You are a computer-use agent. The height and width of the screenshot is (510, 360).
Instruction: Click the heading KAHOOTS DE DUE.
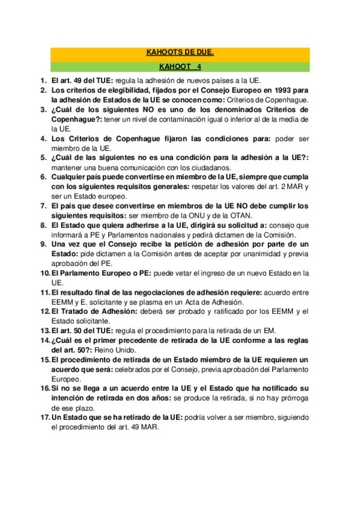pyautogui.click(x=180, y=53)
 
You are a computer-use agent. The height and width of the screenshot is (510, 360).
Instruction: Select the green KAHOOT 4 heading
pyautogui.click(x=180, y=67)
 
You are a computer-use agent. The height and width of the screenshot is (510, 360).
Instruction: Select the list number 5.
pyautogui.click(x=44, y=158)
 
